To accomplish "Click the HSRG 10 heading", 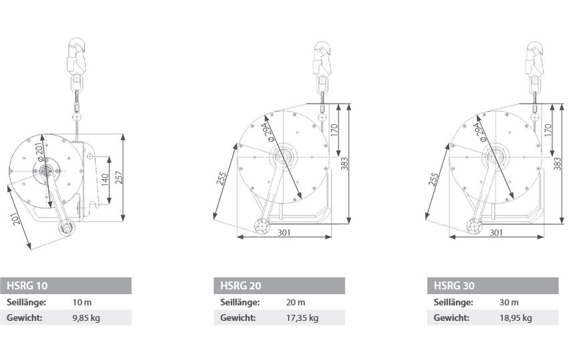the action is [x=27, y=286].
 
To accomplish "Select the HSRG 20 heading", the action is [x=241, y=286].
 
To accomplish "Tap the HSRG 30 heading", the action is [x=454, y=286].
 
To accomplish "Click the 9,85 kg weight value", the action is [x=86, y=318].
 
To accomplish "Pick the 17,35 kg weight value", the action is [x=302, y=318].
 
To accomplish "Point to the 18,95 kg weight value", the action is [x=516, y=318].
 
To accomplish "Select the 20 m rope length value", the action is [x=296, y=303].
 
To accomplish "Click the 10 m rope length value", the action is [x=82, y=303].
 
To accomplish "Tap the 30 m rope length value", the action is [x=509, y=303].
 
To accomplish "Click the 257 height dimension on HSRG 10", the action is [x=119, y=177].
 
